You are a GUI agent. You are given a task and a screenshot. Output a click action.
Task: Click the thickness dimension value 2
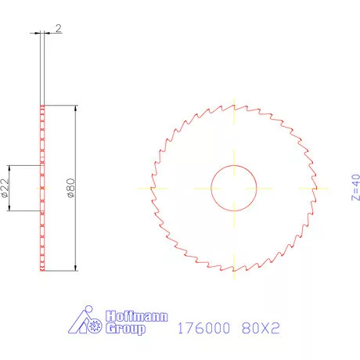coord(59,28)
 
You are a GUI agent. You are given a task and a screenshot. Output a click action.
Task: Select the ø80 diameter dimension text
coord(70,189)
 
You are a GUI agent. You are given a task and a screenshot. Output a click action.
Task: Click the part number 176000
coord(202,328)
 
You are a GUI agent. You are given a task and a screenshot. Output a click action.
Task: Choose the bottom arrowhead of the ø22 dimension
coord(9,209)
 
